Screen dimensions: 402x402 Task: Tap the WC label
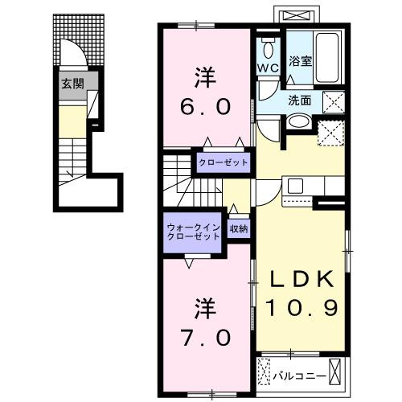pos(268,68)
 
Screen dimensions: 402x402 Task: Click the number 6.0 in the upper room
pos(201,106)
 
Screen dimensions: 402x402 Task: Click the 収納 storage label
pos(238,228)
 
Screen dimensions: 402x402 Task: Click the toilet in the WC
pos(268,47)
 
